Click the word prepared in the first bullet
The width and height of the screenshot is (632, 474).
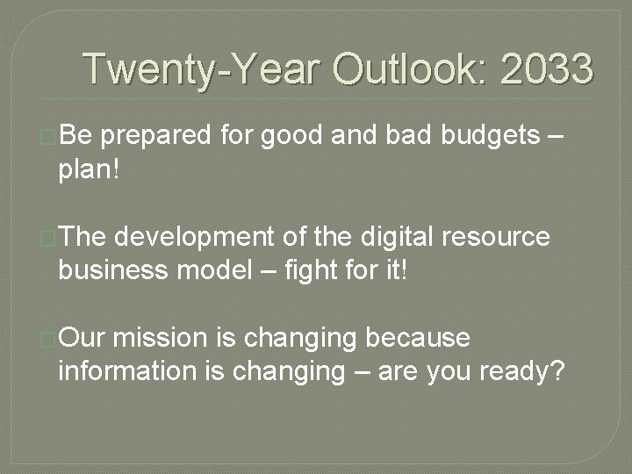tap(157, 137)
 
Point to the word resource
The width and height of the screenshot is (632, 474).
tap(497, 238)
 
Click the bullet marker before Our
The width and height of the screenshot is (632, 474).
tap(48, 339)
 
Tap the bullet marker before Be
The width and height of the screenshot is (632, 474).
tap(48, 137)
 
